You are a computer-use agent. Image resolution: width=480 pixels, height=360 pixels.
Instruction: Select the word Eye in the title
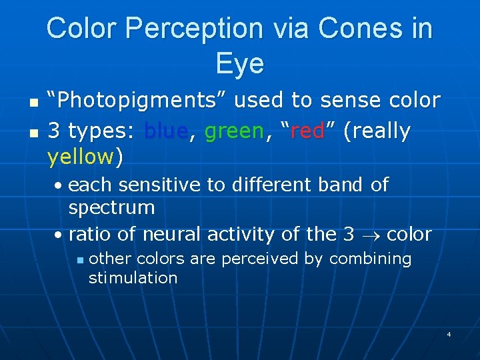point(239,64)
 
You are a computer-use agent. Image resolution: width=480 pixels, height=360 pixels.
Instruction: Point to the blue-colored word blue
point(165,131)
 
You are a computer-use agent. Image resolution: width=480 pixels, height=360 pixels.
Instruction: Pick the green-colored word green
point(234,131)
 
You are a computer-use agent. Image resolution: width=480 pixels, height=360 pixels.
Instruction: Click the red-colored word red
point(307,131)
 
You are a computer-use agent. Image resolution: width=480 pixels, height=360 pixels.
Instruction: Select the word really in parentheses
point(378,131)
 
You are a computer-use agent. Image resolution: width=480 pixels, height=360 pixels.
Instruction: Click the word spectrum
point(111,208)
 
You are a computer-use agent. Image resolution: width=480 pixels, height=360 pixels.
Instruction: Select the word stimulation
point(133,278)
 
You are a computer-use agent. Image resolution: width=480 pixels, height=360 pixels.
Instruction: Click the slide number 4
point(449,333)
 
